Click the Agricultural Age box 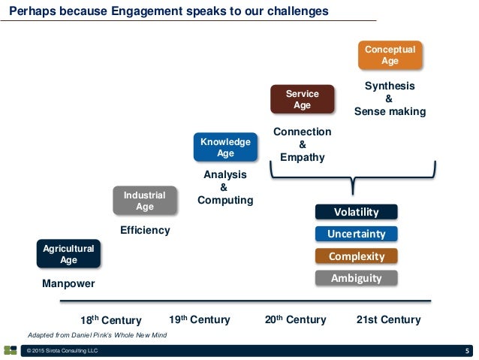(68, 254)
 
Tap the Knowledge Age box (225, 147)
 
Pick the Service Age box (302, 99)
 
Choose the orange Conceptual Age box (390, 55)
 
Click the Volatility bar (356, 212)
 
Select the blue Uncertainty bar (356, 234)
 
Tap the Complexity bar (356, 256)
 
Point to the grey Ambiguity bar (356, 278)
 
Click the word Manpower (68, 284)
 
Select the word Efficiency (145, 230)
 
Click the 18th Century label (110, 320)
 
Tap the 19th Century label (200, 319)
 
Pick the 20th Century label (296, 319)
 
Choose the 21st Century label (388, 319)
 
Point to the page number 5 (467, 351)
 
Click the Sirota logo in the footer (10, 350)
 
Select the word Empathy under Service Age (302, 158)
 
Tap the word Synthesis (389, 86)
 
